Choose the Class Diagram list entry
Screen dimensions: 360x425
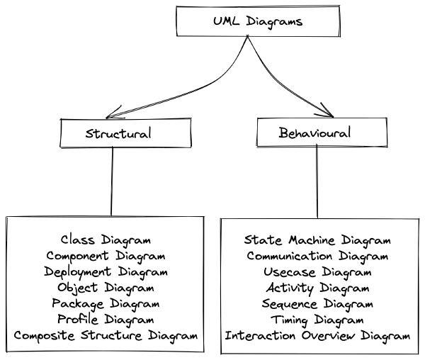[106, 240]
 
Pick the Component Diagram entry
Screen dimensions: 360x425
[106, 256]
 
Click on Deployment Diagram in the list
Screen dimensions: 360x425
[106, 271]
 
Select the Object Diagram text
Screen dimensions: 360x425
[106, 288]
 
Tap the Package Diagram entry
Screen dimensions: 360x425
[106, 303]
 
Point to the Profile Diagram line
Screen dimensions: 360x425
[106, 319]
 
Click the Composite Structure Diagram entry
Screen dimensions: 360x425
[106, 335]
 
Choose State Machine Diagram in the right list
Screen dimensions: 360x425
[317, 240]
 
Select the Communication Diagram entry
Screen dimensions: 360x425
[317, 256]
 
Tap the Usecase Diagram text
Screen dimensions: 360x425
[317, 271]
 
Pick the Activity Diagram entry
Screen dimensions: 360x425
[317, 288]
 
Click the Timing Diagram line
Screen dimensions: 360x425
[317, 319]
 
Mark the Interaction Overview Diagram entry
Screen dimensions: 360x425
[317, 335]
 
